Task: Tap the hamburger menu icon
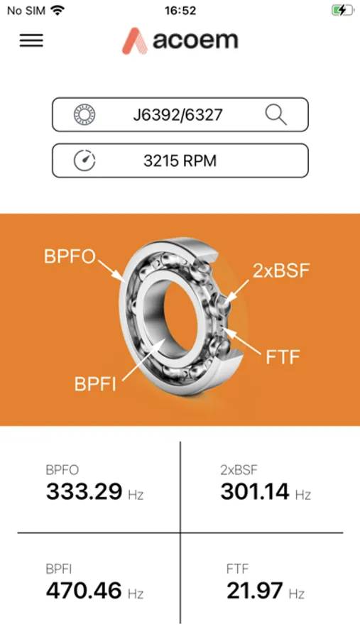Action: click(31, 40)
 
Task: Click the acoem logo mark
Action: click(135, 40)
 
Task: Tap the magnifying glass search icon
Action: click(276, 114)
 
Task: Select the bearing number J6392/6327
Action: click(178, 115)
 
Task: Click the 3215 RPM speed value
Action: click(180, 161)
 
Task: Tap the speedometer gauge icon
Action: click(84, 160)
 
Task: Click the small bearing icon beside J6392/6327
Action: click(84, 114)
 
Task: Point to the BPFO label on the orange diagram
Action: click(70, 257)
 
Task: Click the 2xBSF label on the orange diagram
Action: click(281, 271)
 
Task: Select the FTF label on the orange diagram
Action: click(283, 357)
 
